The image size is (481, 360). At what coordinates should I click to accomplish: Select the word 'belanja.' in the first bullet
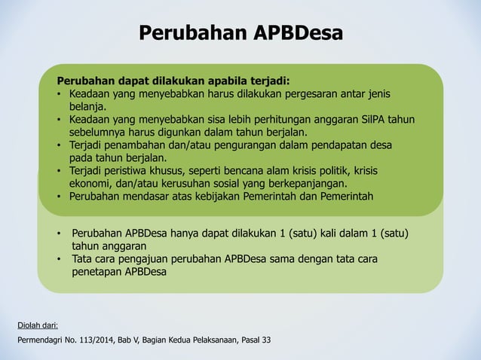point(87,108)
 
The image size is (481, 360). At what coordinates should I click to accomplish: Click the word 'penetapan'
point(97,272)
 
